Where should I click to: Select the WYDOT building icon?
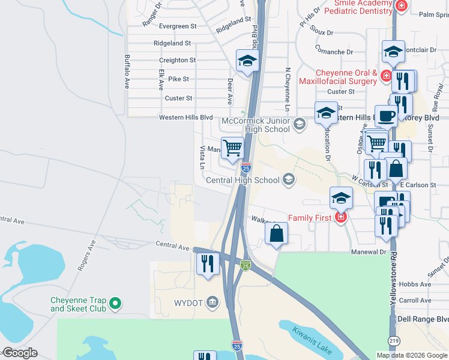tap(212, 301)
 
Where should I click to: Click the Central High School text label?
tap(243, 180)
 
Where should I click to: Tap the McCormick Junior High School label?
tap(256, 125)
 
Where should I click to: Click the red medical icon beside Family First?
tap(341, 217)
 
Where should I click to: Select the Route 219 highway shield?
tap(394, 341)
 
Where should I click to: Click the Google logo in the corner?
tap(19, 353)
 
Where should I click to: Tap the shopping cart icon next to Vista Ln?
tap(232, 146)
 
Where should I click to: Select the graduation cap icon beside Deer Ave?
tap(247, 60)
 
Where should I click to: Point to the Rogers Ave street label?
tap(86, 256)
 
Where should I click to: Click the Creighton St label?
tap(177, 61)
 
